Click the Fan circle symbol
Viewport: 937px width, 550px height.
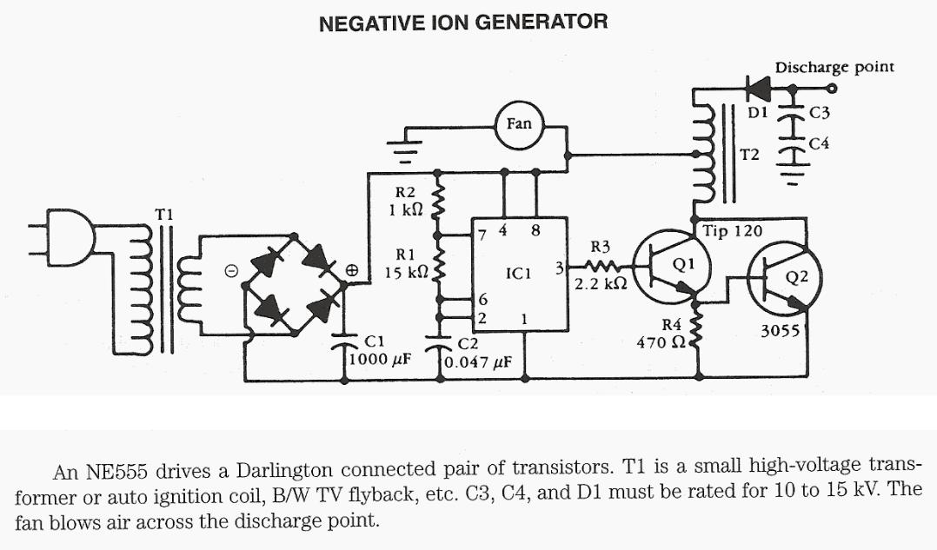(519, 124)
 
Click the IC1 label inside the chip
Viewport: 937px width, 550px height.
(518, 274)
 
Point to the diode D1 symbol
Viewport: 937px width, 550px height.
(758, 88)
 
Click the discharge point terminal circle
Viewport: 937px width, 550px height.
(832, 88)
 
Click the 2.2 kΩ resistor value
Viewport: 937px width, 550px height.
(601, 283)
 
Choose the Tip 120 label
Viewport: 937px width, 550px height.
(732, 231)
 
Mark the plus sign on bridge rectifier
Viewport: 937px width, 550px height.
(353, 270)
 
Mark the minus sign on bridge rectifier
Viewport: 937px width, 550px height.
(232, 271)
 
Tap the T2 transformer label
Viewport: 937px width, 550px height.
(749, 155)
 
